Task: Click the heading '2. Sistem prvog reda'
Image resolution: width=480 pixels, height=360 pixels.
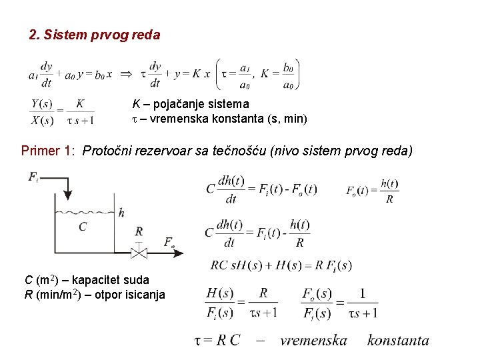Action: coord(95,35)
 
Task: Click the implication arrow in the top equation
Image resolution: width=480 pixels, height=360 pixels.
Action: coord(125,75)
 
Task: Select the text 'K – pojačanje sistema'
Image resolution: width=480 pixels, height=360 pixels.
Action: coord(190,104)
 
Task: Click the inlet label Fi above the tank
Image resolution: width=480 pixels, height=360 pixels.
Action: coord(34,177)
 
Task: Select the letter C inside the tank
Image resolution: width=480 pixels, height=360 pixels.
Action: coord(82,227)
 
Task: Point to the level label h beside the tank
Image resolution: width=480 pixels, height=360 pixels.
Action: coord(121,213)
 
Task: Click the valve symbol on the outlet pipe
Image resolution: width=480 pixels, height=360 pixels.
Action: coord(139,252)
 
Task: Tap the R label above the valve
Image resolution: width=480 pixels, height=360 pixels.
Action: coord(139,231)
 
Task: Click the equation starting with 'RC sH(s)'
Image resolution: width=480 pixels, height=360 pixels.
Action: coord(281,265)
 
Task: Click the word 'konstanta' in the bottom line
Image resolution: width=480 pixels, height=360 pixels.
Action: coord(398,340)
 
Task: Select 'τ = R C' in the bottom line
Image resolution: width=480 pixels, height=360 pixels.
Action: coord(217,340)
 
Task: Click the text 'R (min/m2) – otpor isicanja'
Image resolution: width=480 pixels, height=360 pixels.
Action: coord(95,294)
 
